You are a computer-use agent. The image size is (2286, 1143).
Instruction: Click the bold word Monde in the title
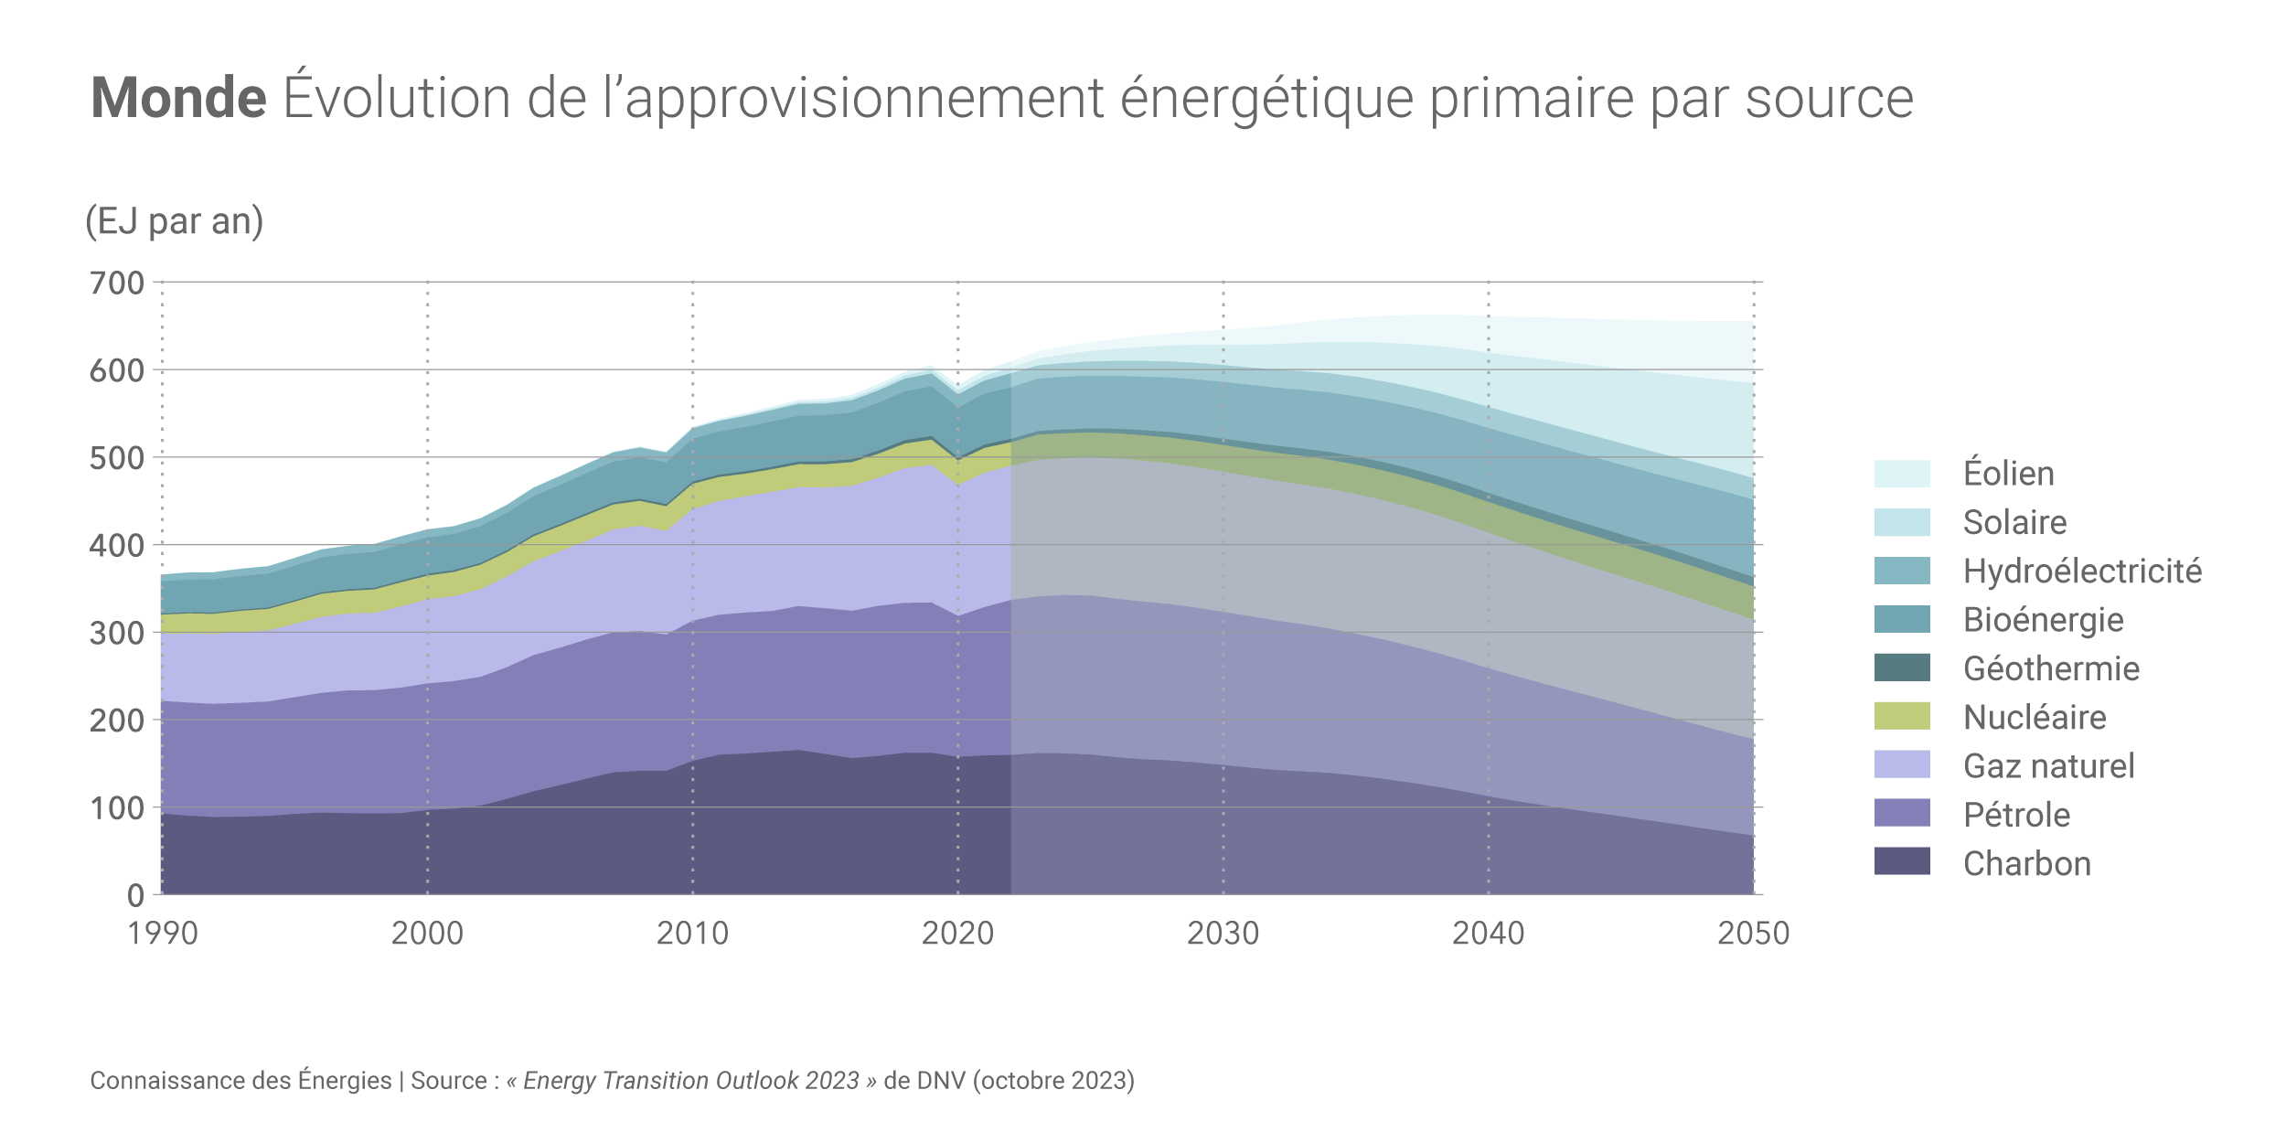178,98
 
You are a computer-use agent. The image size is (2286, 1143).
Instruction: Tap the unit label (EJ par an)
174,221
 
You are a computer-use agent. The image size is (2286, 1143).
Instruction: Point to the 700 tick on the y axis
117,283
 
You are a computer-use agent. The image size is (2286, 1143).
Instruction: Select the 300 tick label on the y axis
117,633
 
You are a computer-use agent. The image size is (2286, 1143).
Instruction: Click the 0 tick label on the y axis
135,895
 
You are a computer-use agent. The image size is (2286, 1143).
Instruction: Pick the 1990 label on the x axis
163,934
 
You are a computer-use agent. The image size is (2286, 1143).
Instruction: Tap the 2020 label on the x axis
957,934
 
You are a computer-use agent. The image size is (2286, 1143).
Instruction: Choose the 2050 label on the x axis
1753,934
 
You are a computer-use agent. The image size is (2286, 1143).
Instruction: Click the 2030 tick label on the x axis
1223,934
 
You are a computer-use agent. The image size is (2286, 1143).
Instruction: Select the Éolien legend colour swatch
1902,474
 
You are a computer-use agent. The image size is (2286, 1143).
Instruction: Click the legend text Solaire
2014,522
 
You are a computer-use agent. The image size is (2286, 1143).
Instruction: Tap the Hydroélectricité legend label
2082,571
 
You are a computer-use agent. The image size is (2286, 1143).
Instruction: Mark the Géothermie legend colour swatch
1902,668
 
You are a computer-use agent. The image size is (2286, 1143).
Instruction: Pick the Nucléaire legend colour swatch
1902,716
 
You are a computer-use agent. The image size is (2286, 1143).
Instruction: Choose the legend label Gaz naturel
2048,765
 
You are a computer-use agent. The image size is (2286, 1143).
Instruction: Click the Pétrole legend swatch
1902,813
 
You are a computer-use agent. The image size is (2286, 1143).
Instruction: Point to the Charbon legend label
2026,863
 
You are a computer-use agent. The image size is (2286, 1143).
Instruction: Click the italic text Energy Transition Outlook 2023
690,1081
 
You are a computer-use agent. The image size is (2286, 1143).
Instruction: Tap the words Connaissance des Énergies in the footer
240,1081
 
